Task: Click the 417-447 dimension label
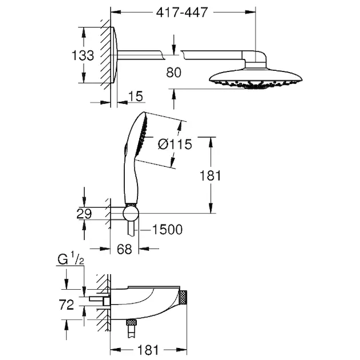click(182, 12)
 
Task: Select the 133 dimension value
click(83, 55)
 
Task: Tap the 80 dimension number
click(173, 73)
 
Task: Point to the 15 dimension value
click(136, 96)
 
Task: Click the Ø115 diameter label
click(175, 145)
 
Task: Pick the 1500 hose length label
click(167, 229)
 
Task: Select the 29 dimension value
click(84, 214)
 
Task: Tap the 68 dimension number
click(124, 249)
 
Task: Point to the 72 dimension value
click(67, 305)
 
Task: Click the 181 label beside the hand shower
click(211, 176)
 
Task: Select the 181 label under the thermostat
click(148, 350)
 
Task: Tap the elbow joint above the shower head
click(255, 59)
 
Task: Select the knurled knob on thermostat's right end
click(183, 297)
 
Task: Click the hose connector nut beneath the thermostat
click(131, 322)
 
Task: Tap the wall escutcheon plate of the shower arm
click(115, 55)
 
